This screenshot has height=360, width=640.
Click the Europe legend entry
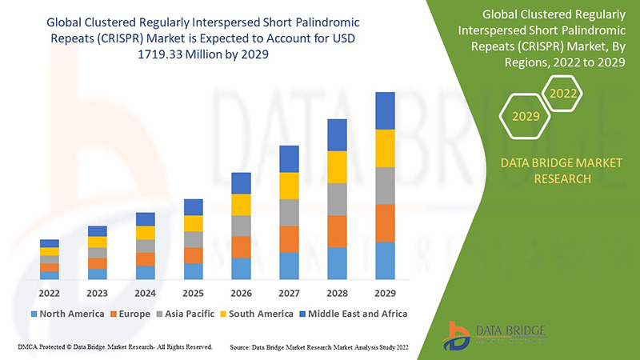click(132, 314)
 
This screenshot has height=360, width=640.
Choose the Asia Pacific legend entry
click(186, 314)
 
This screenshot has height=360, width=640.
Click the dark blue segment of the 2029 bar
click(386, 110)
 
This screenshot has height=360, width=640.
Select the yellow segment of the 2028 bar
click(338, 166)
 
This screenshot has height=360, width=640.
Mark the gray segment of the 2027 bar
click(290, 212)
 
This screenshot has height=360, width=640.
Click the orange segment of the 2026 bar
click(242, 246)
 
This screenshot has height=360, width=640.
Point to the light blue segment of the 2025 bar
click(194, 271)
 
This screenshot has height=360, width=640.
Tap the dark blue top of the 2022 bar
click(50, 243)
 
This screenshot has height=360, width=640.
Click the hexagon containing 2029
click(526, 116)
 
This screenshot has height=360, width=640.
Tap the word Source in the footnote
click(242, 348)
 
